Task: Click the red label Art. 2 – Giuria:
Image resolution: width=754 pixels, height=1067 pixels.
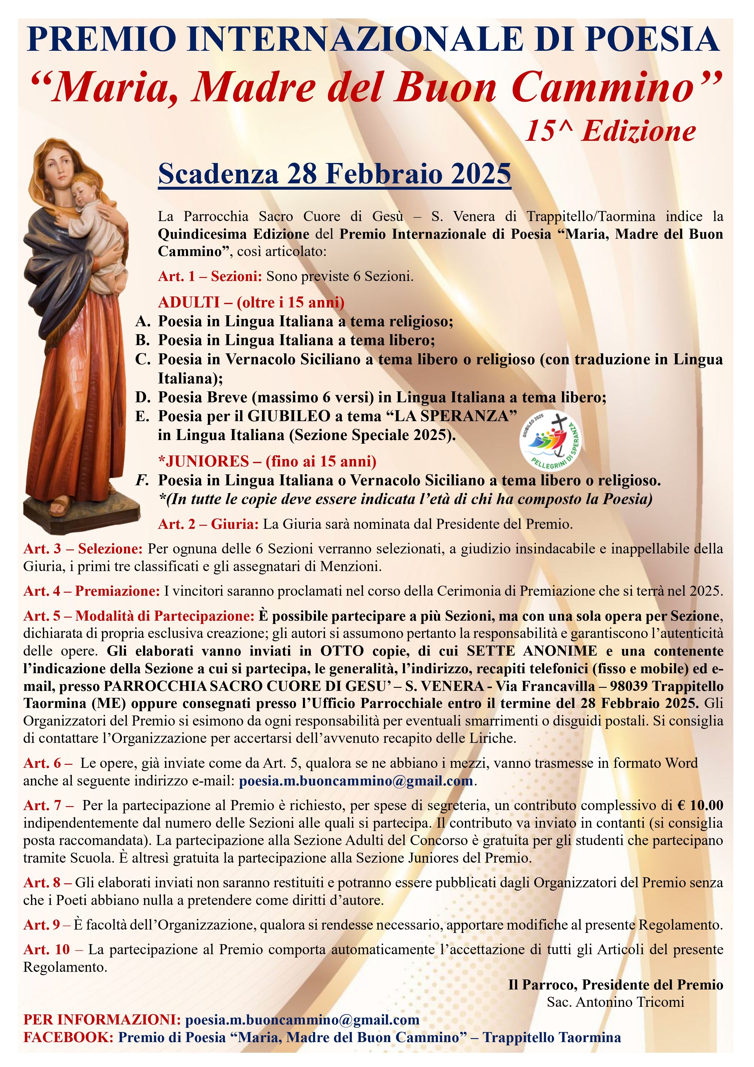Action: click(x=208, y=524)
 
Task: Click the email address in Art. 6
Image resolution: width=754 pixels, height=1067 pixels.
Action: click(x=356, y=781)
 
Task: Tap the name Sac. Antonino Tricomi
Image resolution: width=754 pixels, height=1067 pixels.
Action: click(x=615, y=1002)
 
